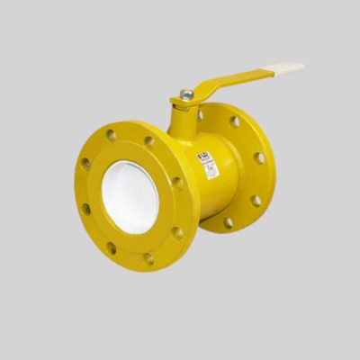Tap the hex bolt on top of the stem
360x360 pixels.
tap(187, 93)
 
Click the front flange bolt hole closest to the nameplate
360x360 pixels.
tap(177, 183)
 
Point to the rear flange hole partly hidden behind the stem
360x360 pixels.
tap(201, 115)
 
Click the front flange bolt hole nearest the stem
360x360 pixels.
tap(149, 142)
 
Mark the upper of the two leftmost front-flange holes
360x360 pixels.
tap(85, 165)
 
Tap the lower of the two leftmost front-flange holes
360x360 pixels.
tap(86, 209)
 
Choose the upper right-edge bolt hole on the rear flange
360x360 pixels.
tap(259, 158)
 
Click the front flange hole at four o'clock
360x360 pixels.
tap(177, 232)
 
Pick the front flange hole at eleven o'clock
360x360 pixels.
tap(111, 136)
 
